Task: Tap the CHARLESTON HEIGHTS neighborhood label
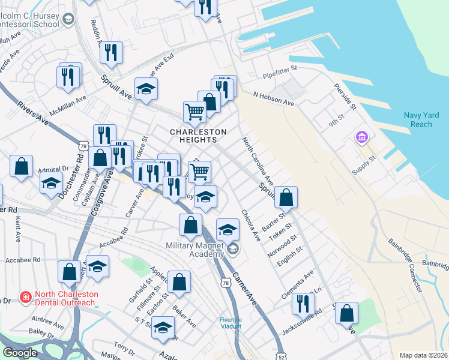[198, 136]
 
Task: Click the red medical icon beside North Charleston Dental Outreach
[26, 296]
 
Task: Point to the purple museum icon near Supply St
[361, 139]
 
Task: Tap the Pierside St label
[346, 94]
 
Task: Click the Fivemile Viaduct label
[231, 323]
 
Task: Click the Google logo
[20, 353]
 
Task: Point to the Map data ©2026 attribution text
[423, 355]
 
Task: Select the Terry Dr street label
[124, 349]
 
